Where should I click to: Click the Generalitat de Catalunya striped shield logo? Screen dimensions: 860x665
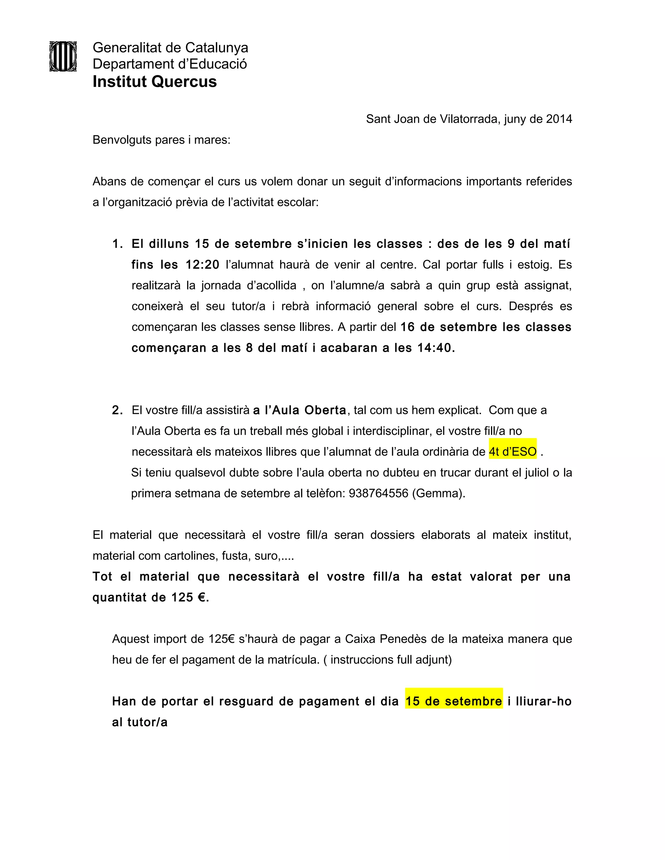coord(63,56)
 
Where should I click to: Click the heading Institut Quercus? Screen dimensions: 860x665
coord(155,82)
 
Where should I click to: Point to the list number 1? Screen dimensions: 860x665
coord(117,244)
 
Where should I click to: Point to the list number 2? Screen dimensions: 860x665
coord(117,410)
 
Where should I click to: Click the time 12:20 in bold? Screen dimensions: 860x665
coord(202,264)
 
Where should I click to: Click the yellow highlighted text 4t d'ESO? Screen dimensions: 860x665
coord(512,452)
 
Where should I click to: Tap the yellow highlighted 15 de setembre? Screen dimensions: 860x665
coord(454,701)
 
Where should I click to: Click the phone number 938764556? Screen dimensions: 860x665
coord(378,493)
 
